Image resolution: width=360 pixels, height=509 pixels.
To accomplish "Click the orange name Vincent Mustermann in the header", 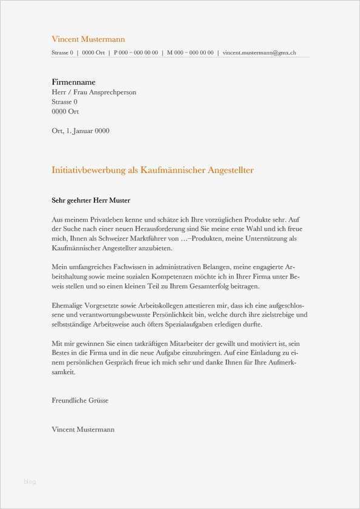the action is pos(88,39).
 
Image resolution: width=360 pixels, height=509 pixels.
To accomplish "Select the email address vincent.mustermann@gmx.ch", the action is pos(260,53).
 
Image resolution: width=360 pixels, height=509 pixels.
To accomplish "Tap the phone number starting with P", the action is pos(136,53).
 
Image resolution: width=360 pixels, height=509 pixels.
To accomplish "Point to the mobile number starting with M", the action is pos(190,53).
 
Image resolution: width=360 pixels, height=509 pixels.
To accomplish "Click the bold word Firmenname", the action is pos(74,82).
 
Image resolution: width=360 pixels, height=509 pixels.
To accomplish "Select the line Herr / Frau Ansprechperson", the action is pos(94,92).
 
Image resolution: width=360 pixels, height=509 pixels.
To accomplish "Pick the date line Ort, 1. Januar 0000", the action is pos(80,131).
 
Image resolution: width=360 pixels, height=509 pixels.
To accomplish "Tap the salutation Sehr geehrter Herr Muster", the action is pos(91,200).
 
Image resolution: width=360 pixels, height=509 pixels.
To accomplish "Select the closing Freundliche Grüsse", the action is pos(80,400).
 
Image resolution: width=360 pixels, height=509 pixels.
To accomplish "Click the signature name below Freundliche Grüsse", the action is pos(83,429).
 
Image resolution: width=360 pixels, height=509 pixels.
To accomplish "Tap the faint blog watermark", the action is pos(30,482).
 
